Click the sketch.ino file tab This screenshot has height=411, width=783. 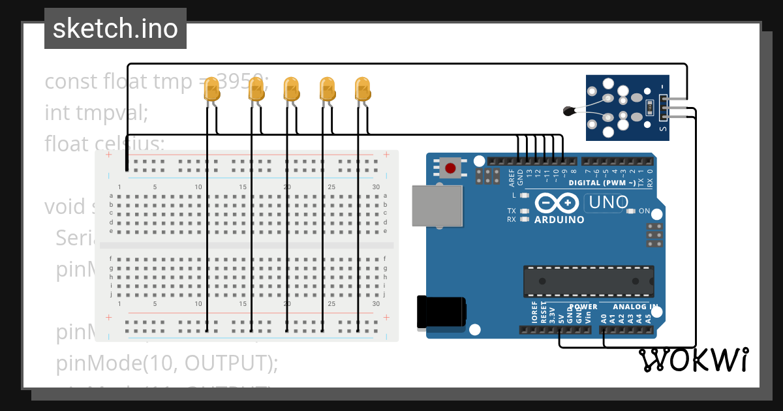click(x=115, y=29)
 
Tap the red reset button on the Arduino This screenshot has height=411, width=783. click(x=450, y=168)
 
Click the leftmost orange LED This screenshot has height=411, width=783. click(x=212, y=89)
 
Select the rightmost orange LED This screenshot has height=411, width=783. click(x=362, y=89)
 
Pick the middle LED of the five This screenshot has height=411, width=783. click(x=290, y=89)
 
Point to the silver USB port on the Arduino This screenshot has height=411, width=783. click(x=437, y=205)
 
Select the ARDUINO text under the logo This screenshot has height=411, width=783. click(x=559, y=220)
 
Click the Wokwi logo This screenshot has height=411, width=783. click(x=694, y=360)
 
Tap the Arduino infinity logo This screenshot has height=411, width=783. click(x=557, y=204)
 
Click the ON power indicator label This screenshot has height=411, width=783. click(x=644, y=211)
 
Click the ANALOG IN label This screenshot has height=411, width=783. click(x=635, y=306)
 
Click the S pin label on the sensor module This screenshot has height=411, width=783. click(x=663, y=129)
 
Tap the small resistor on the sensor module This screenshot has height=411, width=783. click(x=648, y=106)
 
